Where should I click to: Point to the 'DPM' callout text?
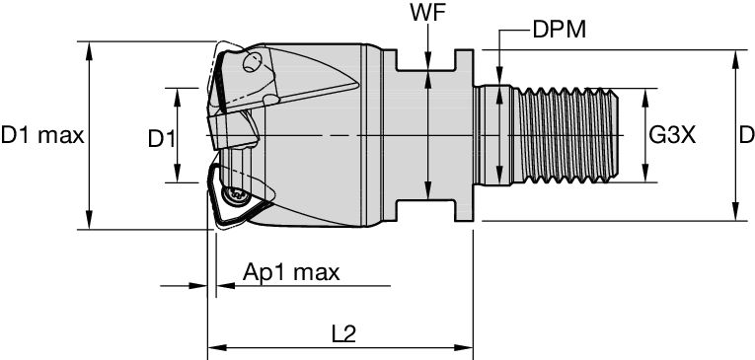[558, 31]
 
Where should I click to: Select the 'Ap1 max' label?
[291, 273]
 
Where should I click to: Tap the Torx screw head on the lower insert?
[238, 197]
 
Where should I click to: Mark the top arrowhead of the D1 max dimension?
[90, 48]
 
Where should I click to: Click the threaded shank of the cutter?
[563, 135]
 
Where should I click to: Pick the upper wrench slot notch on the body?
[425, 59]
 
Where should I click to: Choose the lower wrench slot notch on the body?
[425, 211]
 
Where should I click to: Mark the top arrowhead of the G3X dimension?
[646, 95]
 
